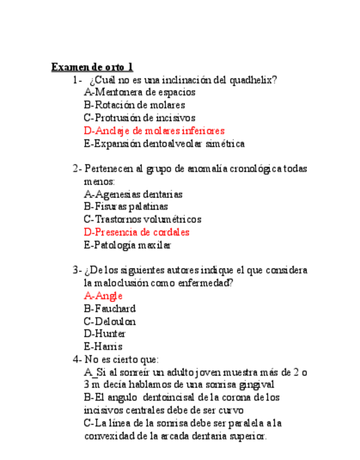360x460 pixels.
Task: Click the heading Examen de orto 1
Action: click(92, 67)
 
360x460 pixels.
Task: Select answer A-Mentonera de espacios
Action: click(139, 92)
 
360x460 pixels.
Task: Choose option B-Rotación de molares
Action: click(134, 105)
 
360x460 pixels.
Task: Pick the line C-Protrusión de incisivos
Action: click(139, 118)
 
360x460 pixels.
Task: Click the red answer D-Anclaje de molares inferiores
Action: click(154, 131)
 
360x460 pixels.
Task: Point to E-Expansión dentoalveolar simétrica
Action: click(164, 144)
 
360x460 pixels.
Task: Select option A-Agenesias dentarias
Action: click(133, 194)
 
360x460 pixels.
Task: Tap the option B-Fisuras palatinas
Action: click(126, 206)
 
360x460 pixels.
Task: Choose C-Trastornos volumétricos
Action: click(143, 219)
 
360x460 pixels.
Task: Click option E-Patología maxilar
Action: click(127, 245)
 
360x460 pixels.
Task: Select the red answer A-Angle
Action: click(104, 296)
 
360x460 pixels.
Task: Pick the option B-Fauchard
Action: click(110, 309)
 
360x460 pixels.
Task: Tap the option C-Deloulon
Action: click(110, 321)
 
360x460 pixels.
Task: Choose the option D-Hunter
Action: click(105, 334)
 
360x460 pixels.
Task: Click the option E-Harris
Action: click(103, 347)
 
